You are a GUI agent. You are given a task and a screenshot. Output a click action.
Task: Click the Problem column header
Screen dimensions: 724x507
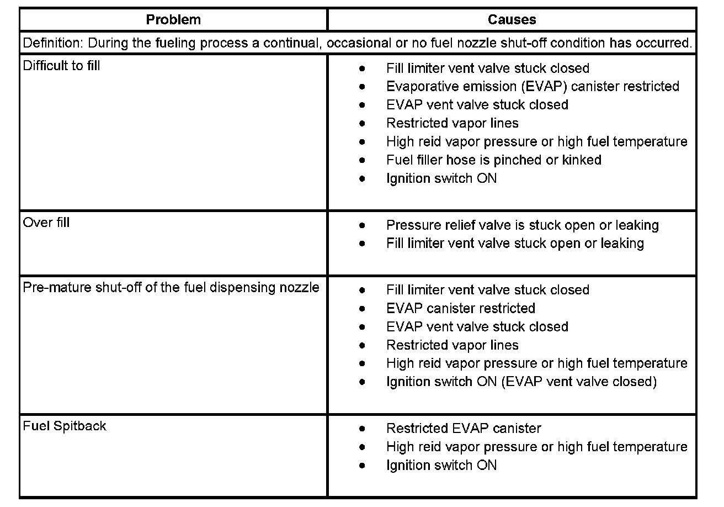click(x=173, y=20)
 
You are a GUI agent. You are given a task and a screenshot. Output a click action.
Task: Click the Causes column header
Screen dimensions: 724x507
click(x=512, y=20)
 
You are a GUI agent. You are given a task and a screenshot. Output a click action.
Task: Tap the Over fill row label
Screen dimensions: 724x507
click(x=46, y=223)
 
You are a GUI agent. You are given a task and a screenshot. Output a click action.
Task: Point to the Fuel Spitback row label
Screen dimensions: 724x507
click(x=65, y=426)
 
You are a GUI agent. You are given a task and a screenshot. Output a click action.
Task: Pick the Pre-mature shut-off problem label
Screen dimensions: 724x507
click(x=171, y=287)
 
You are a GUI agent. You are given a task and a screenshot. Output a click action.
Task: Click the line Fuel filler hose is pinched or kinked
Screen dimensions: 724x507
click(x=493, y=160)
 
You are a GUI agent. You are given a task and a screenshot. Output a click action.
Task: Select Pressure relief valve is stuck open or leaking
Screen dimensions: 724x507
click(x=522, y=225)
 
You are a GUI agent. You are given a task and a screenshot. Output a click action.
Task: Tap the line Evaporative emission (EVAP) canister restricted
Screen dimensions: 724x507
click(x=533, y=87)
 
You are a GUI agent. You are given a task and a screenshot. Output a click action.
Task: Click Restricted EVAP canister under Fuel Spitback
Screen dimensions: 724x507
click(x=464, y=429)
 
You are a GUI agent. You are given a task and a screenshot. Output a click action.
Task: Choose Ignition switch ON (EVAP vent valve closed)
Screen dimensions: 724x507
click(x=521, y=382)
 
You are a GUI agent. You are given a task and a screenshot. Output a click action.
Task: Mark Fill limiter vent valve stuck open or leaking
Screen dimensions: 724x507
click(x=515, y=244)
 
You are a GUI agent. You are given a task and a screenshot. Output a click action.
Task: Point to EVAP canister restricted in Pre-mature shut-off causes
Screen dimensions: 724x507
click(x=461, y=308)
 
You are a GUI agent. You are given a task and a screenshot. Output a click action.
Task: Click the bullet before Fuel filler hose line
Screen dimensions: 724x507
click(x=362, y=160)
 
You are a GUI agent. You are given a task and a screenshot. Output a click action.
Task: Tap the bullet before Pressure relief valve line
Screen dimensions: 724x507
click(x=362, y=225)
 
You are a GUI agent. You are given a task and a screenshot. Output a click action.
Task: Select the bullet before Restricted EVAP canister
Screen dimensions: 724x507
click(x=362, y=429)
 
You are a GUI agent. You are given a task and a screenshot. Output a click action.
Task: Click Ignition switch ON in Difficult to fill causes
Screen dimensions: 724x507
click(x=441, y=178)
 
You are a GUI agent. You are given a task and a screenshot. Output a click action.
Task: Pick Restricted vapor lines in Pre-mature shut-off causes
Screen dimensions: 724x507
click(x=453, y=345)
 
